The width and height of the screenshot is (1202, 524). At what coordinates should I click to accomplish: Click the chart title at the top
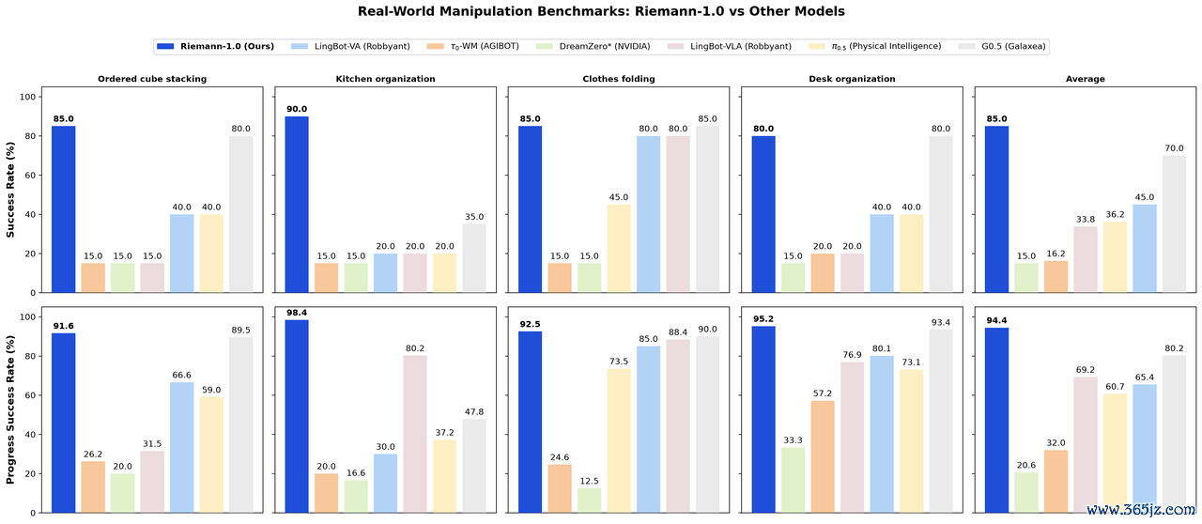[601, 11]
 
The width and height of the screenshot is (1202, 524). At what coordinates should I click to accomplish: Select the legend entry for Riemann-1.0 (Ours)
[215, 47]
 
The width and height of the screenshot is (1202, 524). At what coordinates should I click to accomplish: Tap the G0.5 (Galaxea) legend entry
[1002, 47]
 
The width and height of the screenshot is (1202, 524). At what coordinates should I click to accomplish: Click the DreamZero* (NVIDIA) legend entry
[593, 47]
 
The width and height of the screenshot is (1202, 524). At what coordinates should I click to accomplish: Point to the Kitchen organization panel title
[385, 79]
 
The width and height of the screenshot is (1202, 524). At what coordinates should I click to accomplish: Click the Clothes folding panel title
[619, 79]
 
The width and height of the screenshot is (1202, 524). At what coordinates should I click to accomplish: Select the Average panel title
[1085, 79]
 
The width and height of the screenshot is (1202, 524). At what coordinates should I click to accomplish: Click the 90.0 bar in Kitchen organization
[297, 205]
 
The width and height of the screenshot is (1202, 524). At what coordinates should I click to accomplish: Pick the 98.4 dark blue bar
[297, 416]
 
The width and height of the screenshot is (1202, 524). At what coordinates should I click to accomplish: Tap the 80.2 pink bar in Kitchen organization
[415, 434]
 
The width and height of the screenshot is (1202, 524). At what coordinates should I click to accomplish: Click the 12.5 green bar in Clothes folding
[589, 500]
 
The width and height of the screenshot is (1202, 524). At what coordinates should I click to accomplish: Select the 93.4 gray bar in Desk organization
[941, 421]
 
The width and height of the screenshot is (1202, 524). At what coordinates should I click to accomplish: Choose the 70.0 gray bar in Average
[1174, 223]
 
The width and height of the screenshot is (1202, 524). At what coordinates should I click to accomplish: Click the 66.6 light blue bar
[181, 447]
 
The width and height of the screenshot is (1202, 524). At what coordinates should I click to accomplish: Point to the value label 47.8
[474, 412]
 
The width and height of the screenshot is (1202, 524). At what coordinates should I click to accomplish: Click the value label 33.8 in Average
[1086, 219]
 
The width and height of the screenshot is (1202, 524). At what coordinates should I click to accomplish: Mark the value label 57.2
[823, 393]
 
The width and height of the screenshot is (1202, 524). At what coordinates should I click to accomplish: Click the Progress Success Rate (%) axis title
[10, 409]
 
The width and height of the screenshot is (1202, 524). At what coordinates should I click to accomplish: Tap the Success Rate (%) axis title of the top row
[10, 190]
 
